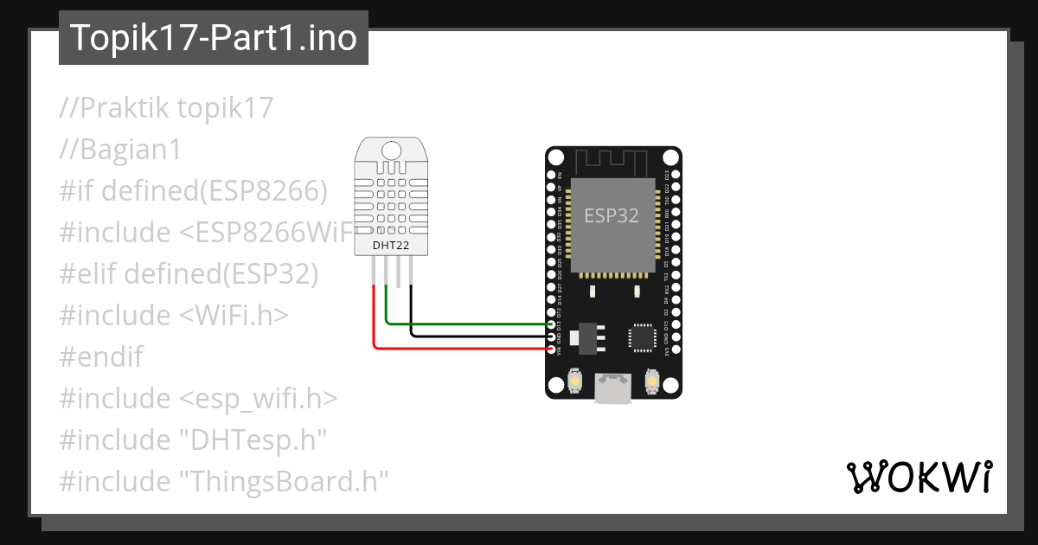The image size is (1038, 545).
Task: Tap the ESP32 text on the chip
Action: (x=612, y=215)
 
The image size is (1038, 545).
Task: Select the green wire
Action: (x=467, y=324)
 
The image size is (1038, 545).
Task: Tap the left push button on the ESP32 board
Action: (x=574, y=380)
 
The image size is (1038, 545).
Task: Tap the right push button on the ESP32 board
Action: (x=652, y=380)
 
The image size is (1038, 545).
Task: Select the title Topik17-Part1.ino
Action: (x=213, y=38)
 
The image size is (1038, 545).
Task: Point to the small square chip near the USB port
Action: (x=643, y=338)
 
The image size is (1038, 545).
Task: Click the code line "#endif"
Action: (x=101, y=356)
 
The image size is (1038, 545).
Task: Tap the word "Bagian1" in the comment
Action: (x=131, y=150)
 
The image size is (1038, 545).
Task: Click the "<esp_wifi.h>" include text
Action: (x=259, y=398)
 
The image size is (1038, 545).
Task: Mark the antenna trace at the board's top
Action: (x=612, y=160)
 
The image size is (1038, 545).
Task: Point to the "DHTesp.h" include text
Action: (x=252, y=439)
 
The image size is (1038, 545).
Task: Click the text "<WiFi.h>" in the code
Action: (x=234, y=315)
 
